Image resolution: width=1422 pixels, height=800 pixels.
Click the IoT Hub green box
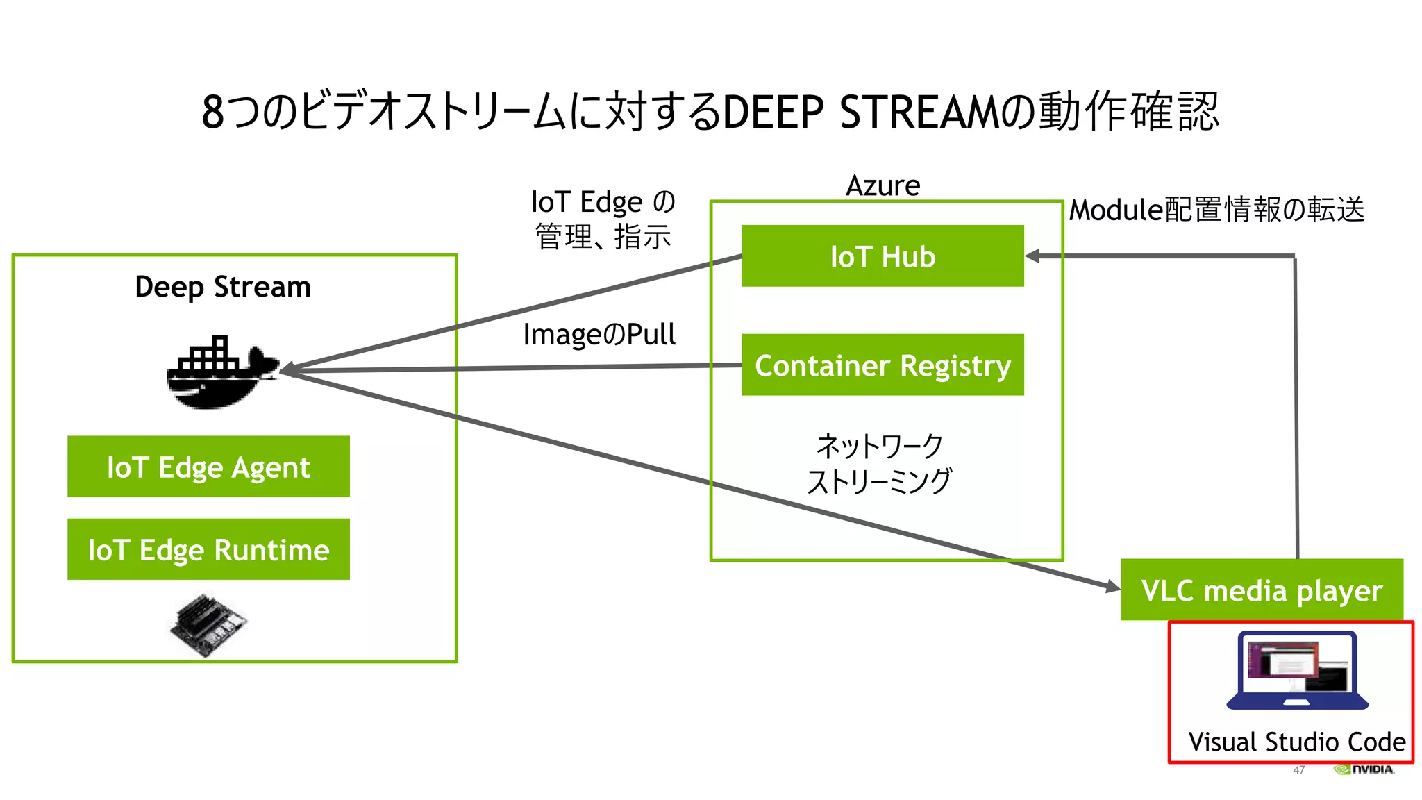point(882,256)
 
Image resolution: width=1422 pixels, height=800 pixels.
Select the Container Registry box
point(882,365)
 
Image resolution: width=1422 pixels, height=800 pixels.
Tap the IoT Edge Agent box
point(208,467)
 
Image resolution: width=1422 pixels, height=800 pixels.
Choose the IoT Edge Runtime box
point(208,549)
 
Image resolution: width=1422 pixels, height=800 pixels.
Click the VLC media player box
point(1262,590)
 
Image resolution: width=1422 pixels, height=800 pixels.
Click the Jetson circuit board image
point(208,624)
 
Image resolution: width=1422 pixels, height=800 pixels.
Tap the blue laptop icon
point(1297,670)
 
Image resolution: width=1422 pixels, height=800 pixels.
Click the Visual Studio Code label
point(1296,742)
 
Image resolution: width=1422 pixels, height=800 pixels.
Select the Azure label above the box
point(883,185)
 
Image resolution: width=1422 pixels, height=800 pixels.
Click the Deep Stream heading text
point(222,287)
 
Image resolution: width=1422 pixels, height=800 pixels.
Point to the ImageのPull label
point(599,335)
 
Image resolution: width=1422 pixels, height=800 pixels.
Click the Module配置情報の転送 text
point(1216,210)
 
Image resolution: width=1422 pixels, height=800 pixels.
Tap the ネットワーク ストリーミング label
point(879,463)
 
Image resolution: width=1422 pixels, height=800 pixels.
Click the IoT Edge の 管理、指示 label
point(602,219)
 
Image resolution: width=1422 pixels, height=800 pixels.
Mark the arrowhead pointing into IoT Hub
point(1034,256)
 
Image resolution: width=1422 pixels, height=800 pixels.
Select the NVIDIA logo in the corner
point(1364,769)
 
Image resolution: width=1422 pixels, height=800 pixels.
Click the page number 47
point(1298,769)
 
